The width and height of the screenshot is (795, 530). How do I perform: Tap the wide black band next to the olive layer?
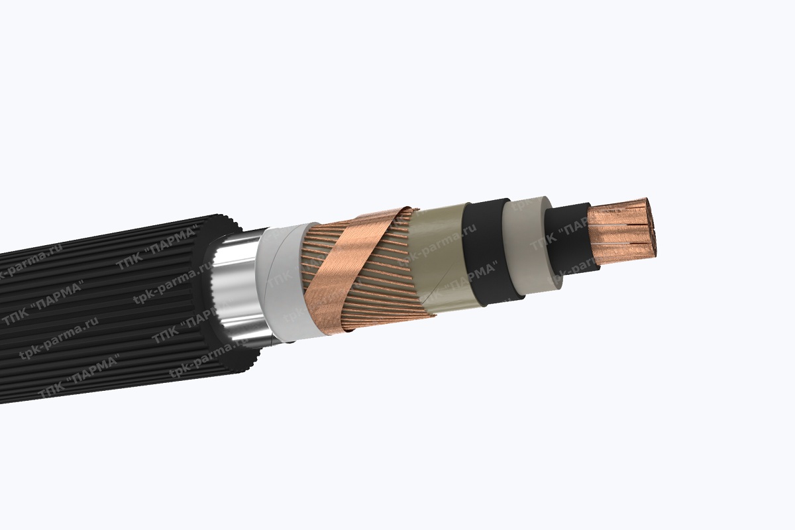(x=487, y=252)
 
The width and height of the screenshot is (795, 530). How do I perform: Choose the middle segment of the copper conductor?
(x=619, y=232)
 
